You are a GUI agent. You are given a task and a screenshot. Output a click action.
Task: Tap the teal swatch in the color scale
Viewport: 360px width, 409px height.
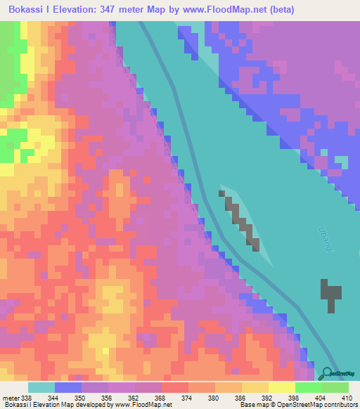41,387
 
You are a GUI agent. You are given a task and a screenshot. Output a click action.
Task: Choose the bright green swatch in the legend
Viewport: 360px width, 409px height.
309,387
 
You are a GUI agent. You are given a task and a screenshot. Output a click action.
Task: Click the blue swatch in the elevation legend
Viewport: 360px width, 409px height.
67,387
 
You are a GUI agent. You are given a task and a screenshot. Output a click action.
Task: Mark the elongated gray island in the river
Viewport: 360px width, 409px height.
241,221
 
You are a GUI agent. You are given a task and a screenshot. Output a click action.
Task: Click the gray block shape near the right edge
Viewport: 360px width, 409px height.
330,292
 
